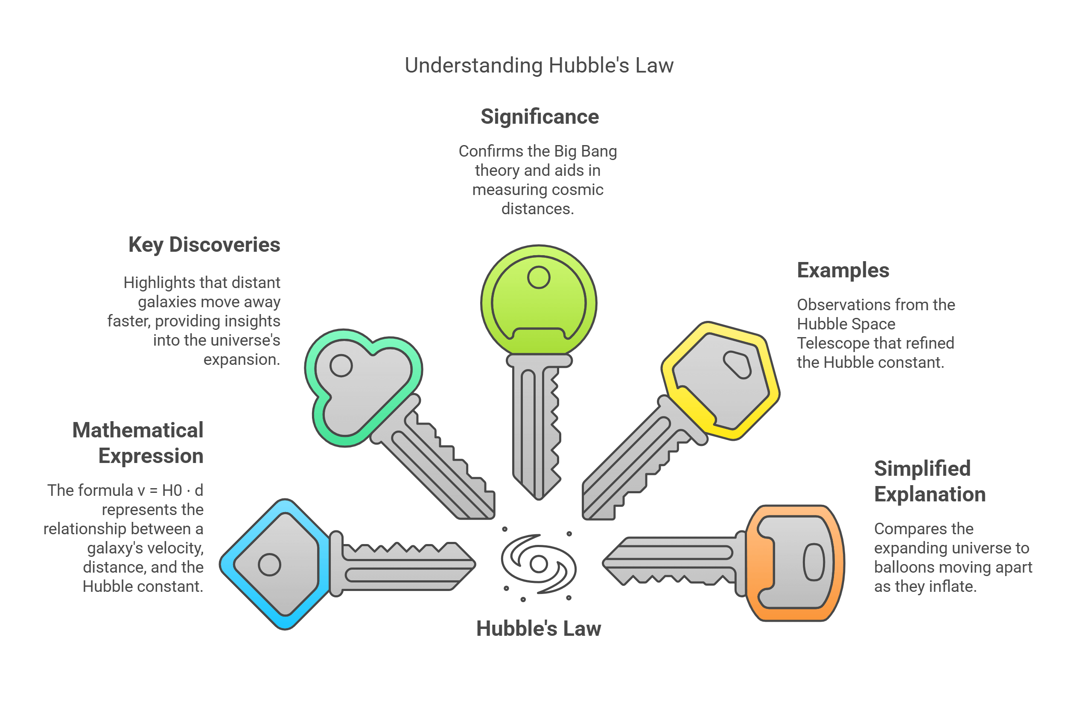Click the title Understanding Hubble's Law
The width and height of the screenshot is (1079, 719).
tap(539, 65)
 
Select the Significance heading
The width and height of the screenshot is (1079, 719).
tap(539, 116)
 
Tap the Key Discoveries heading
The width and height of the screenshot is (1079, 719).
tap(204, 245)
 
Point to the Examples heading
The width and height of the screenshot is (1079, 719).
tap(843, 270)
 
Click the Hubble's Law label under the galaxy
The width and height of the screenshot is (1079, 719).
tap(538, 628)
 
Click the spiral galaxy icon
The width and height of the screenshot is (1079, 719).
tap(538, 564)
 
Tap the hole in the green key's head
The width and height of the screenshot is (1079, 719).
tap(538, 277)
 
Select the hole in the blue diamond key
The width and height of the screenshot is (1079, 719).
tap(269, 565)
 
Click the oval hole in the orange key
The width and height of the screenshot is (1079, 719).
tap(814, 562)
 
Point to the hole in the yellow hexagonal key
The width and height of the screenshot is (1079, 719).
tap(737, 364)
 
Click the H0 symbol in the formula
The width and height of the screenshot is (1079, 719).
tap(172, 491)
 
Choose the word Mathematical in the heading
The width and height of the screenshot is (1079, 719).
tap(137, 430)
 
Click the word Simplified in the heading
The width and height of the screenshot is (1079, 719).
tap(922, 468)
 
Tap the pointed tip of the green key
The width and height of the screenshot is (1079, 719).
tap(539, 498)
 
